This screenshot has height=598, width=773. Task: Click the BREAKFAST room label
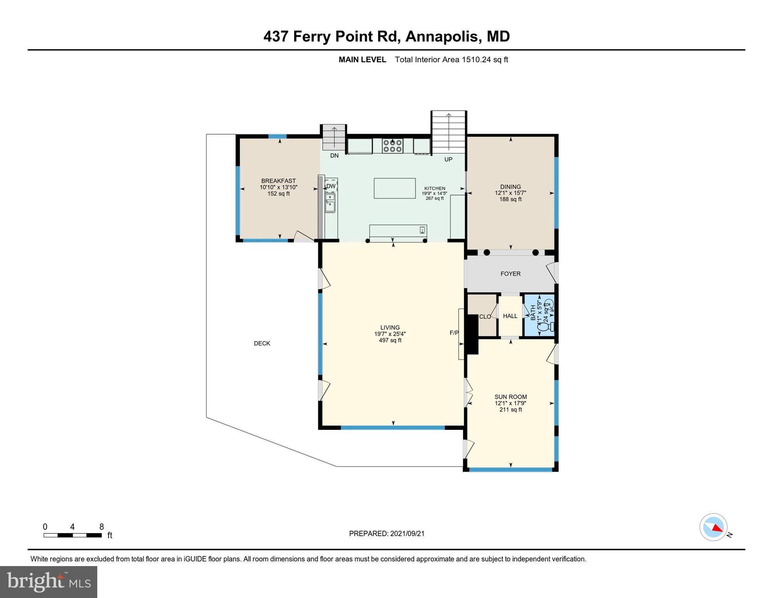pyautogui.click(x=278, y=181)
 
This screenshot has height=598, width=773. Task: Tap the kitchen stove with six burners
pyautogui.click(x=392, y=146)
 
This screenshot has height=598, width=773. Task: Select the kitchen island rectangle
pyautogui.click(x=394, y=188)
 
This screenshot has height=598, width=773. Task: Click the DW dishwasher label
pyautogui.click(x=331, y=186)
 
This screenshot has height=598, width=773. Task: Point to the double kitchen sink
pyautogui.click(x=330, y=202)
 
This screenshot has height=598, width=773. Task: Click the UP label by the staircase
pyautogui.click(x=448, y=159)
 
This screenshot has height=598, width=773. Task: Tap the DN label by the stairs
pyautogui.click(x=334, y=155)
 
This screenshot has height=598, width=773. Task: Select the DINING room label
pyautogui.click(x=510, y=186)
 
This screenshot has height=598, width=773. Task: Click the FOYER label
pyautogui.click(x=510, y=274)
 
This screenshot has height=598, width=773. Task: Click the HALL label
pyautogui.click(x=510, y=316)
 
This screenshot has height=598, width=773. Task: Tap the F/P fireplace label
pyautogui.click(x=454, y=333)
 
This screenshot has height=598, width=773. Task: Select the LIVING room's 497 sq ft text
pyautogui.click(x=390, y=340)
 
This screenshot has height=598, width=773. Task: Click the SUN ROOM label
pyautogui.click(x=510, y=397)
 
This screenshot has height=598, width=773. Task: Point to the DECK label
pyautogui.click(x=262, y=343)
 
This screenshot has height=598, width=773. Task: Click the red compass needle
pyautogui.click(x=718, y=528)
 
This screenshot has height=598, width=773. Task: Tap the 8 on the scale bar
pyautogui.click(x=102, y=527)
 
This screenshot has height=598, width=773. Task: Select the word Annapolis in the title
pyautogui.click(x=441, y=37)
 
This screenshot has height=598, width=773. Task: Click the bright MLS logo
pyautogui.click(x=49, y=582)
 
